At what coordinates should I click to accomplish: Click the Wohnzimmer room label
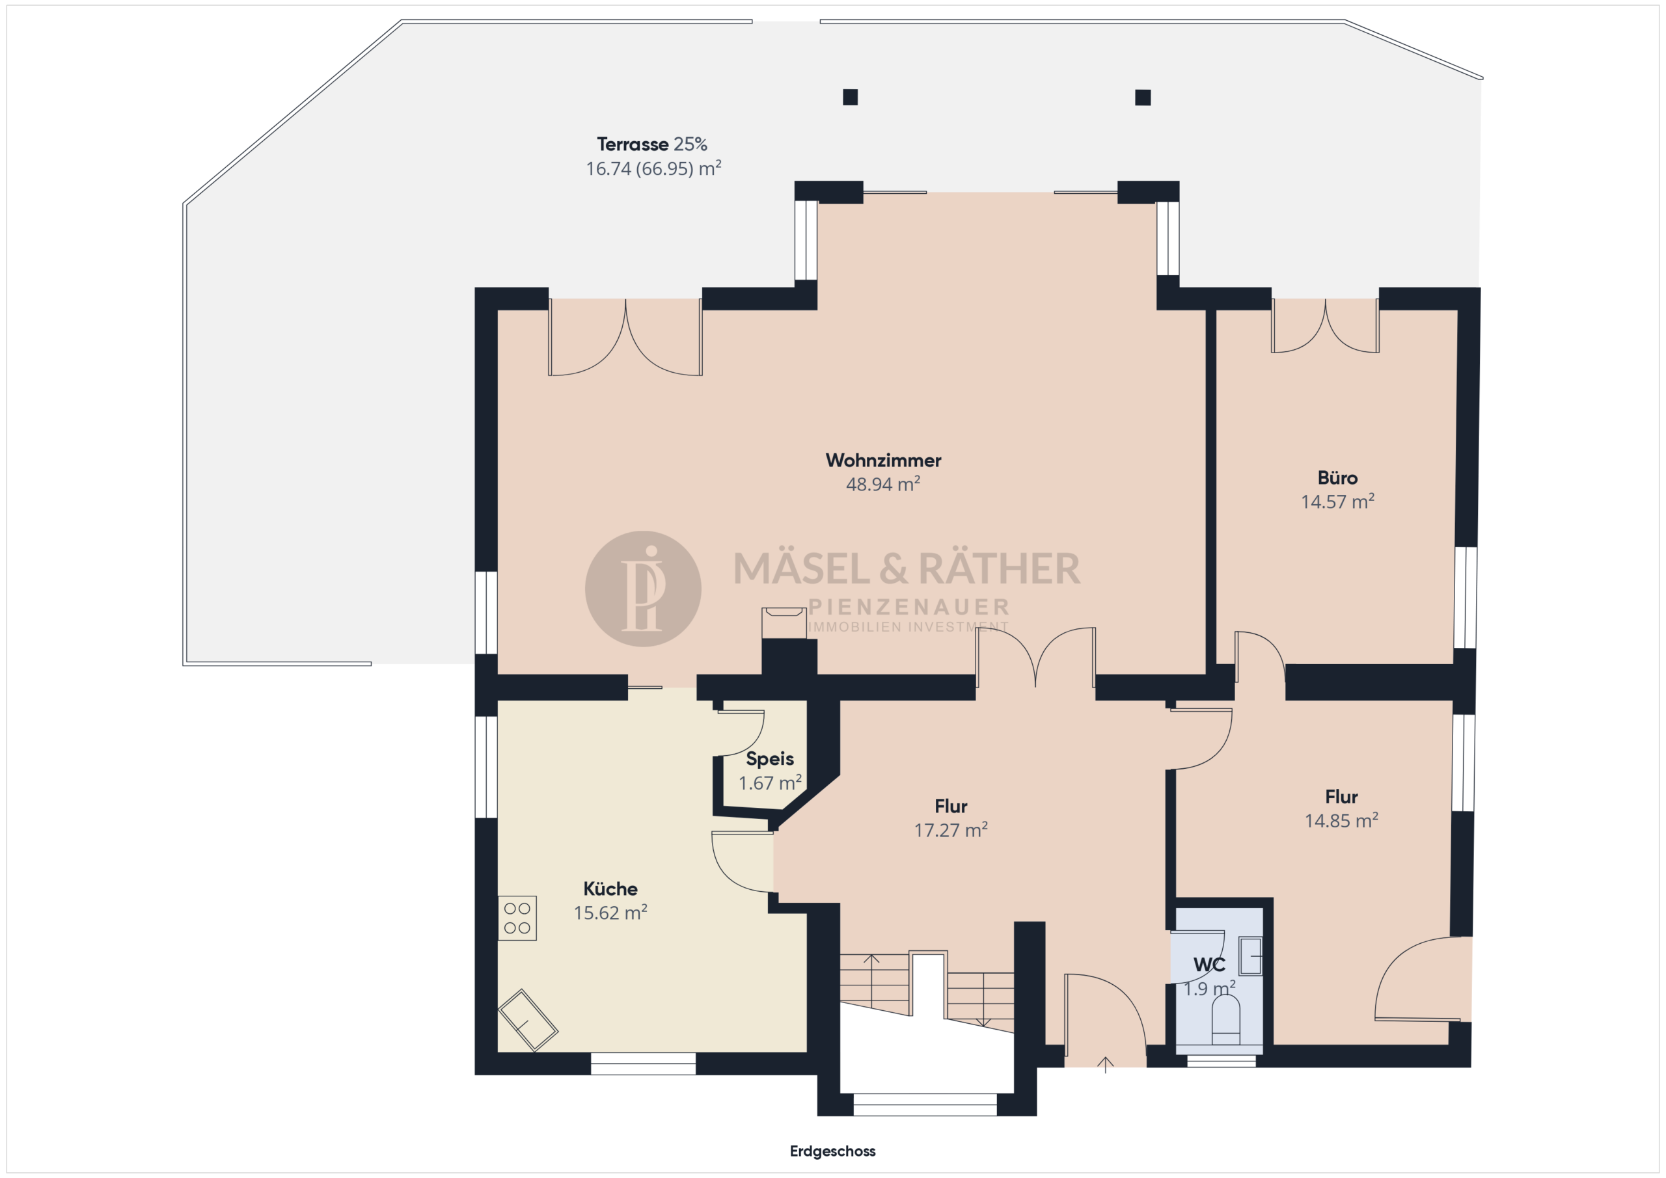pyautogui.click(x=883, y=460)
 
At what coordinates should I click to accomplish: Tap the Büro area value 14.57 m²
pyautogui.click(x=1337, y=502)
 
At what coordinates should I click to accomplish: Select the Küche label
pyautogui.click(x=610, y=889)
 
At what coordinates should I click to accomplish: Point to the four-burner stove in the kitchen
pyautogui.click(x=517, y=918)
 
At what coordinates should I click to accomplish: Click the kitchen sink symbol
pyautogui.click(x=528, y=1021)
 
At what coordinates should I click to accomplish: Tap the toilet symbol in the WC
pyautogui.click(x=1225, y=1019)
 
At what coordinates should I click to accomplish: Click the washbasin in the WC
pyautogui.click(x=1250, y=956)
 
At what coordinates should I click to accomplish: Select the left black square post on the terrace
pyautogui.click(x=851, y=97)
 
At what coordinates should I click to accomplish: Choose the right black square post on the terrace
pyautogui.click(x=1143, y=97)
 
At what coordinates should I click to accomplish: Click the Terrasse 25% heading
pyautogui.click(x=651, y=144)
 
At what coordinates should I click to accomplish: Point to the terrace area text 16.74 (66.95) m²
pyautogui.click(x=653, y=168)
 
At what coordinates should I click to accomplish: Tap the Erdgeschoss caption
pyautogui.click(x=832, y=1151)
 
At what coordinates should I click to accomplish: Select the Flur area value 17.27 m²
pyautogui.click(x=951, y=830)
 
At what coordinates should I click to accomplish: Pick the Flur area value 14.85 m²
pyautogui.click(x=1341, y=820)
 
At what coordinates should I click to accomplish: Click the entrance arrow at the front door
pyautogui.click(x=1105, y=1064)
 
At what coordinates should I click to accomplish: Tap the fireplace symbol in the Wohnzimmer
pyautogui.click(x=784, y=623)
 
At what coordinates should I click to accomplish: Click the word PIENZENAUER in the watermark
pyautogui.click(x=908, y=606)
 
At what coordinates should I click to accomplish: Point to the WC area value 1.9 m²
pyautogui.click(x=1210, y=989)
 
